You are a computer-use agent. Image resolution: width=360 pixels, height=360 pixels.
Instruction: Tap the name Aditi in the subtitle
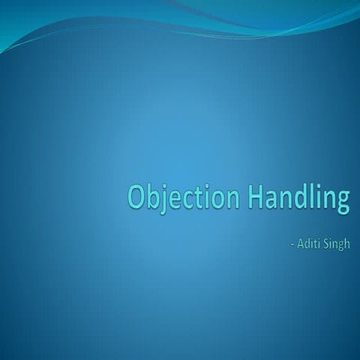310,244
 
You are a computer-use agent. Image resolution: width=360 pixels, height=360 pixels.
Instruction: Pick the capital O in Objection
136,196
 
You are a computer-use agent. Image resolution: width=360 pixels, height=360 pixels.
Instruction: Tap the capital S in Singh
327,244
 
